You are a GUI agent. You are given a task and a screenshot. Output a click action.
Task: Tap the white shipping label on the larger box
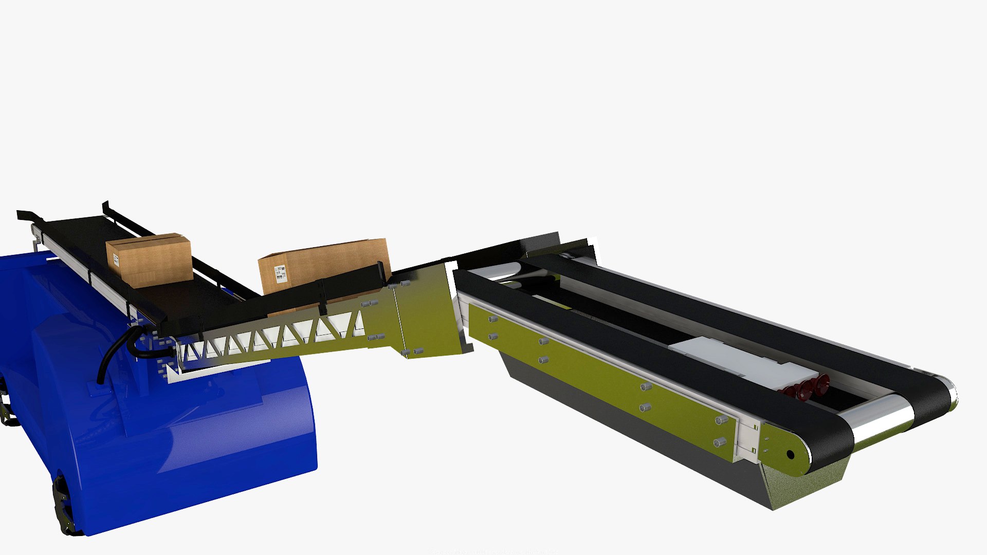(x=280, y=273)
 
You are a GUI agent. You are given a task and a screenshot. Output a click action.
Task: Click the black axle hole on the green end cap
(x=790, y=454)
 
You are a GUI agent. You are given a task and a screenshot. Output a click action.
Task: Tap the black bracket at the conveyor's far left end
(x=28, y=216)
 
